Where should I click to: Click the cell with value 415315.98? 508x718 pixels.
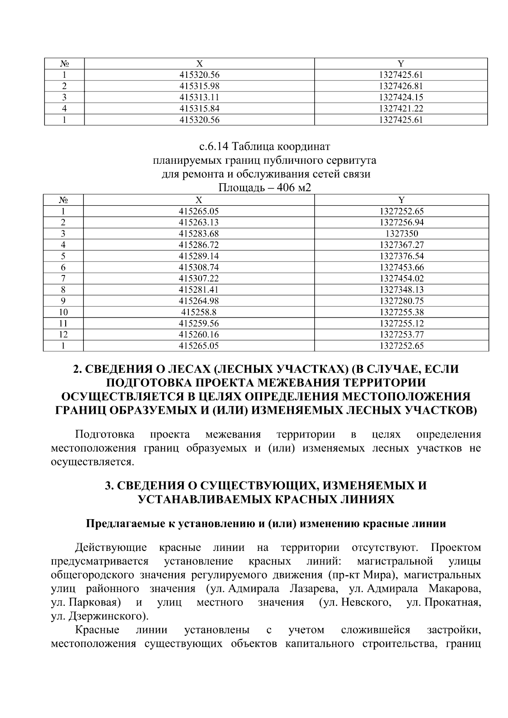click(199, 86)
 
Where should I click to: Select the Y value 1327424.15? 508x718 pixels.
click(401, 97)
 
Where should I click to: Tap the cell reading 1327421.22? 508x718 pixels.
click(401, 109)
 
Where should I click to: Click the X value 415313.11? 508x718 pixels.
click(199, 97)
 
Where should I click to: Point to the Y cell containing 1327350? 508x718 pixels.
click(401, 234)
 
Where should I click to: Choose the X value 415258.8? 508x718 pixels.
click(199, 312)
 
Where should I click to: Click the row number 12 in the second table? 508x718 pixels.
click(63, 335)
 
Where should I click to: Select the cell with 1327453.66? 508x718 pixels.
click(401, 267)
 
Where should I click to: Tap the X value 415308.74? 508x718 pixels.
click(199, 267)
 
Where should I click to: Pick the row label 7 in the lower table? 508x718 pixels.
click(63, 278)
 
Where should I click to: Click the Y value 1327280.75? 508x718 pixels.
click(401, 301)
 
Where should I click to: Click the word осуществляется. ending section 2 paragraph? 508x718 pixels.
click(92, 462)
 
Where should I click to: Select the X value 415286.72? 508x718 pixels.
click(199, 245)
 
